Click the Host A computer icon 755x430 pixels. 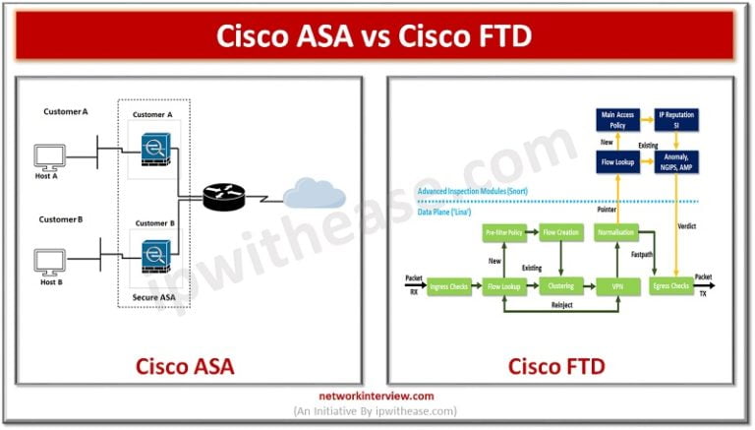(50, 156)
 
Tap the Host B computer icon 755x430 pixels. (50, 262)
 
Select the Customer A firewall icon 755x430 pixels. (153, 149)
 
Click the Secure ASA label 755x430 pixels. (153, 295)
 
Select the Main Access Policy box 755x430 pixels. (618, 120)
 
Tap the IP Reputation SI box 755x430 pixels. (679, 120)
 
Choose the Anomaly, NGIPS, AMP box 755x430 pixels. (679, 160)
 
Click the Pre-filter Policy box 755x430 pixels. (504, 232)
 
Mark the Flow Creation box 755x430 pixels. (561, 232)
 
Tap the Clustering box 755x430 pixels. (561, 286)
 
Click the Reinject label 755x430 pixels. (562, 306)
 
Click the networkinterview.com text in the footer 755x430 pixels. (377, 398)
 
